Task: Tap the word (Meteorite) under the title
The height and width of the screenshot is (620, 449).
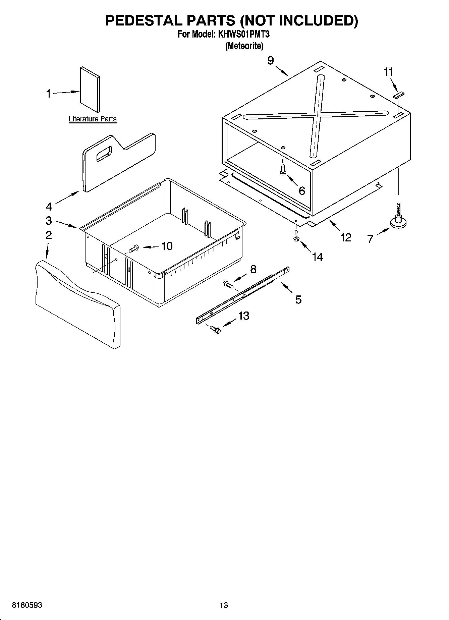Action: (244, 46)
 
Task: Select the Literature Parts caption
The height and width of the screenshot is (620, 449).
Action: (93, 119)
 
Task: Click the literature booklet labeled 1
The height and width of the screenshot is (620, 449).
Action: (90, 89)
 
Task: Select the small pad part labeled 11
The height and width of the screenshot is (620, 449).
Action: (399, 95)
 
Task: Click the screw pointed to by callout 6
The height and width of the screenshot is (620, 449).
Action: (282, 170)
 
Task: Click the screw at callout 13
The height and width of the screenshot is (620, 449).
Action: (215, 330)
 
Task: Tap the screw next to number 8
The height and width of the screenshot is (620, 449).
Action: (228, 285)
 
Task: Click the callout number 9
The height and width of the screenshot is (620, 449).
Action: (271, 60)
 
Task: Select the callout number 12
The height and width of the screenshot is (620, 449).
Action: (345, 237)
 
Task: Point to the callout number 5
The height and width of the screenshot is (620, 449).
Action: (298, 299)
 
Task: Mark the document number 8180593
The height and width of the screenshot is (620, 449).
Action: (27, 605)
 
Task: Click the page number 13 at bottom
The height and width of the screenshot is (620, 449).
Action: (224, 605)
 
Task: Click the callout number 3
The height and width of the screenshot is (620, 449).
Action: (49, 221)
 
